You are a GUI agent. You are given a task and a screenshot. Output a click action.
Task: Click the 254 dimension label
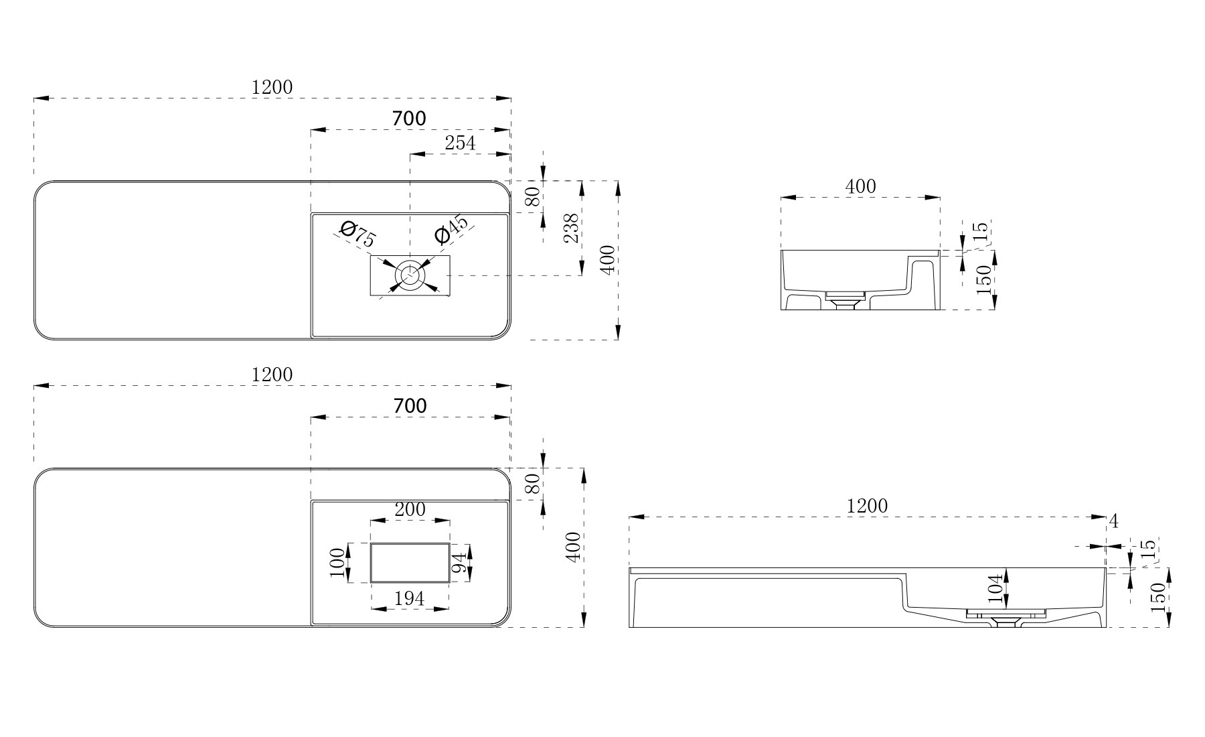tap(460, 143)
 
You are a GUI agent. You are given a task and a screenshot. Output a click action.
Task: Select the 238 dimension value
tap(571, 228)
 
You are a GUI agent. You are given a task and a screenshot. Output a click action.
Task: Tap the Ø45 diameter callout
tap(451, 230)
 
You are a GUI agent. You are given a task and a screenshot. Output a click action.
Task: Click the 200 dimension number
tap(410, 509)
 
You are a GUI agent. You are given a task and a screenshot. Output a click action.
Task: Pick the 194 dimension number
tap(410, 598)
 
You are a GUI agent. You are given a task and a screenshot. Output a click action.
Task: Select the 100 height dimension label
tap(339, 563)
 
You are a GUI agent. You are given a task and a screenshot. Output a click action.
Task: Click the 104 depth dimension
tap(995, 590)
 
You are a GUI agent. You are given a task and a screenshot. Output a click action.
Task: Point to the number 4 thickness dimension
tap(1113, 521)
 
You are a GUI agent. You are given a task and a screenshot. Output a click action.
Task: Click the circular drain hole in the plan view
tap(409, 275)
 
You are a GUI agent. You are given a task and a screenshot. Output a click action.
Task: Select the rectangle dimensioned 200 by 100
tap(410, 563)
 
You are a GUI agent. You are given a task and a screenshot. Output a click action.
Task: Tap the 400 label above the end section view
tap(860, 186)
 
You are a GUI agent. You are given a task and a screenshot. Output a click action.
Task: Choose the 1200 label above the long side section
tap(867, 506)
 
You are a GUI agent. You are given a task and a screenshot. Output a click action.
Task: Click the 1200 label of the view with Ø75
tap(272, 87)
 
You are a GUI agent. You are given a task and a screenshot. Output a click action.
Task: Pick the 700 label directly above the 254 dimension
tap(409, 119)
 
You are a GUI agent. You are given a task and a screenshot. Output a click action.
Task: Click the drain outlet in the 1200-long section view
tap(1005, 620)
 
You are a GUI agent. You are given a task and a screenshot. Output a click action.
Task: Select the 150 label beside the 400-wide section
tap(983, 280)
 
